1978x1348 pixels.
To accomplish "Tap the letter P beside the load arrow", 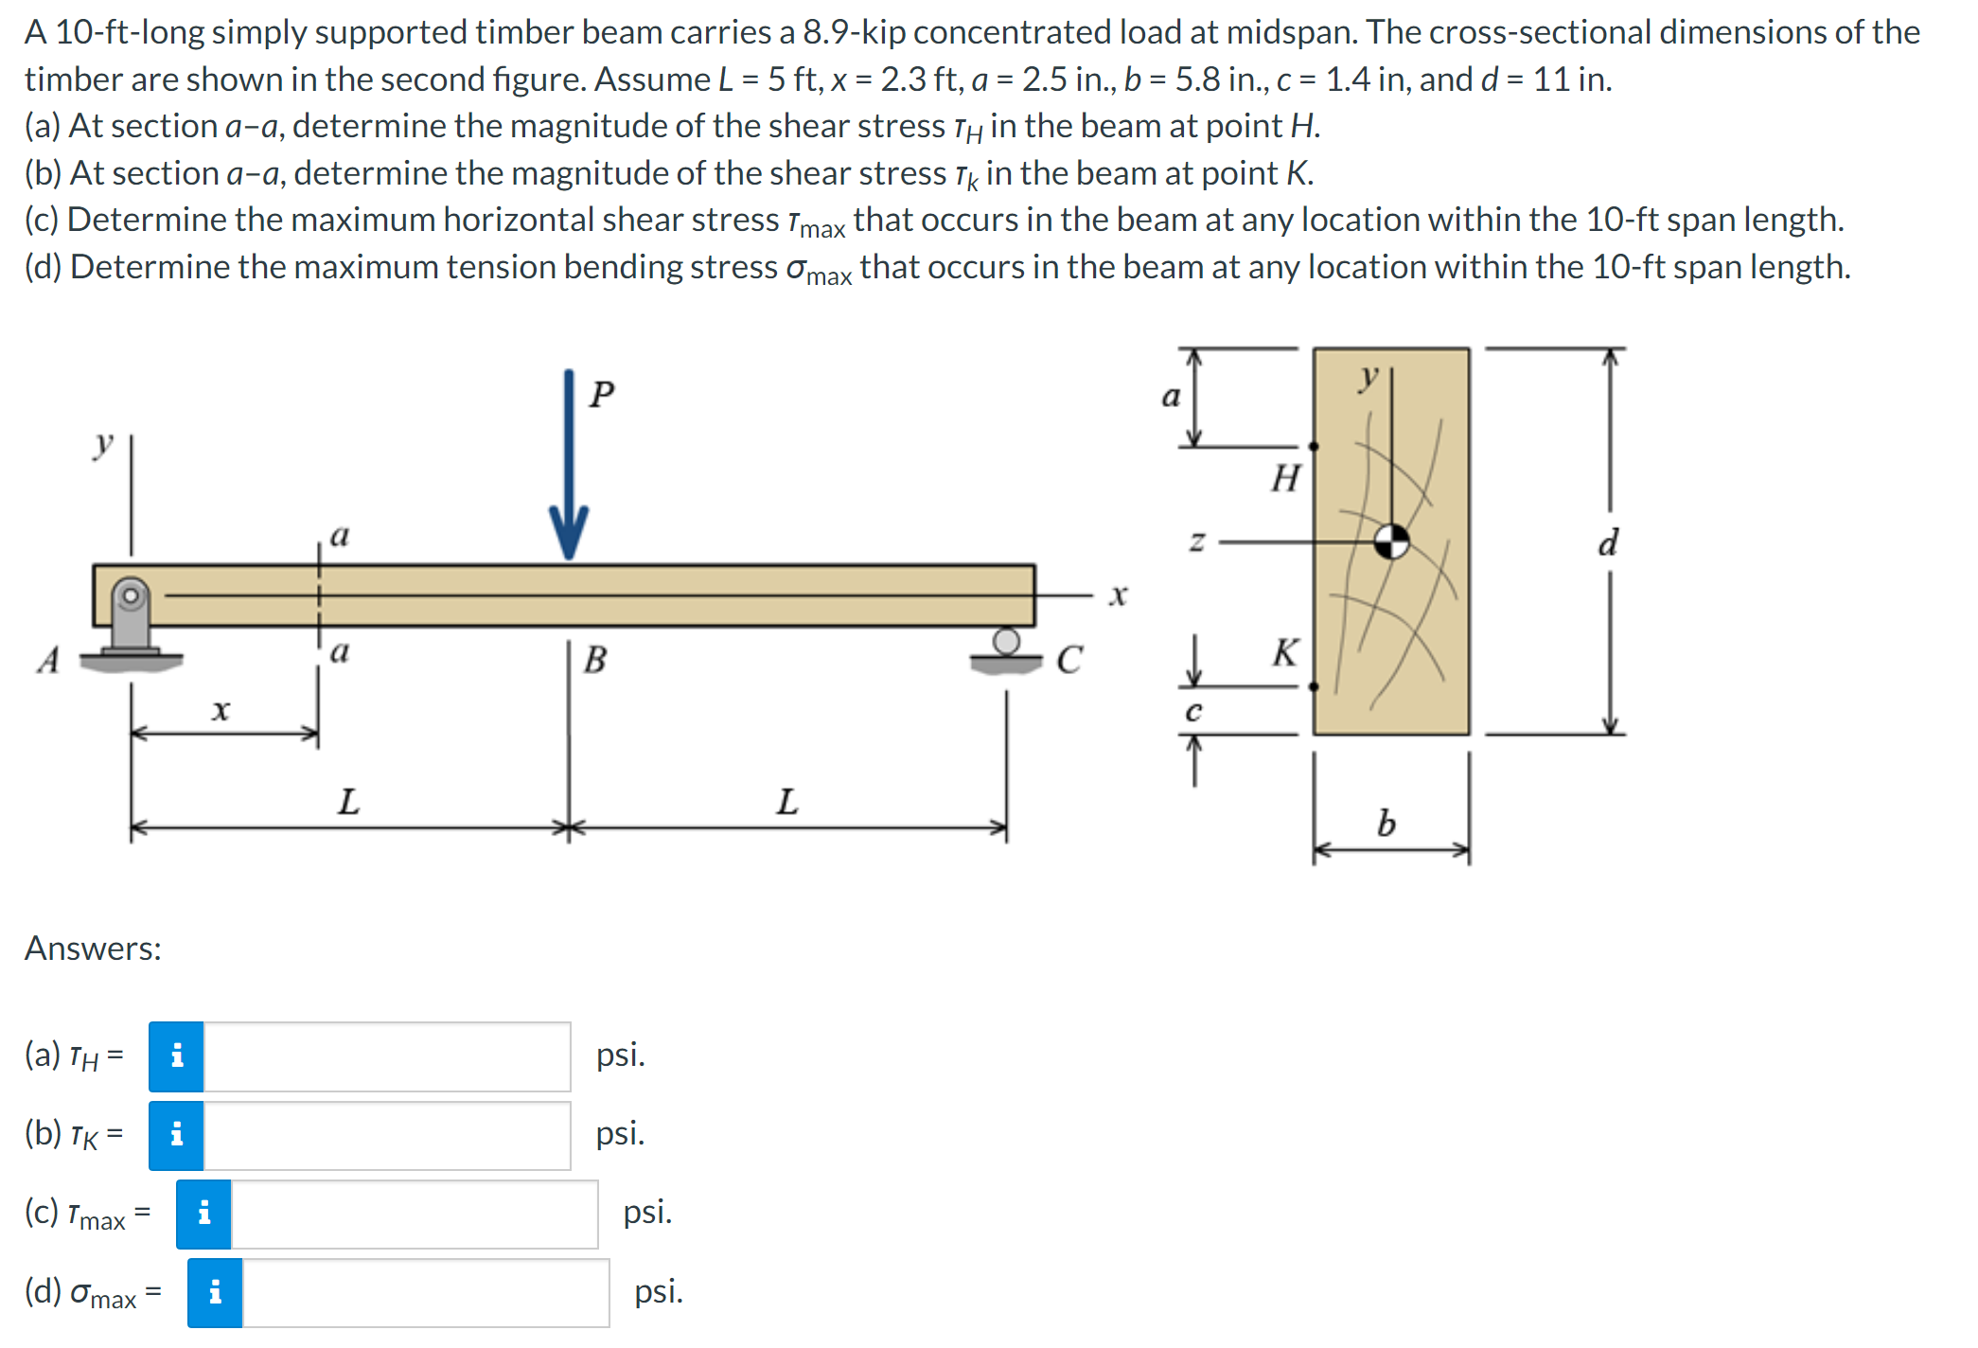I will click(602, 394).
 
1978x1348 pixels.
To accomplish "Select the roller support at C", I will click(1006, 648).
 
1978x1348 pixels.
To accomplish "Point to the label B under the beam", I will click(594, 660).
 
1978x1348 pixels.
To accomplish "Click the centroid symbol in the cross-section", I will click(1391, 542).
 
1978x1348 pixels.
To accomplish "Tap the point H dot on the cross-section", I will click(1314, 446).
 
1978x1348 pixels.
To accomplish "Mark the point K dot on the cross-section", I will click(1314, 686).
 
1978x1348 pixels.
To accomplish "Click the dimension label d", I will click(1608, 543).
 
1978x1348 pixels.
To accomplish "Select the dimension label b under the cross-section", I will click(1386, 824).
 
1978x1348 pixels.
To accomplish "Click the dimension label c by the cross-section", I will click(1193, 712).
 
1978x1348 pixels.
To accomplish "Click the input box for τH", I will click(387, 1056).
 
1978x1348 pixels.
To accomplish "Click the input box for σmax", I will click(425, 1293).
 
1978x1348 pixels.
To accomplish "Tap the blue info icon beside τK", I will click(177, 1135).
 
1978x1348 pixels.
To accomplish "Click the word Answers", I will click(93, 949).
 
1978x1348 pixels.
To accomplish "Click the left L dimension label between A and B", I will click(348, 803).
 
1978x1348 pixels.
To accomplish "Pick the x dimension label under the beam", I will click(221, 710).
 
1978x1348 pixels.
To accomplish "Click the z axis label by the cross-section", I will click(1197, 542).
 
